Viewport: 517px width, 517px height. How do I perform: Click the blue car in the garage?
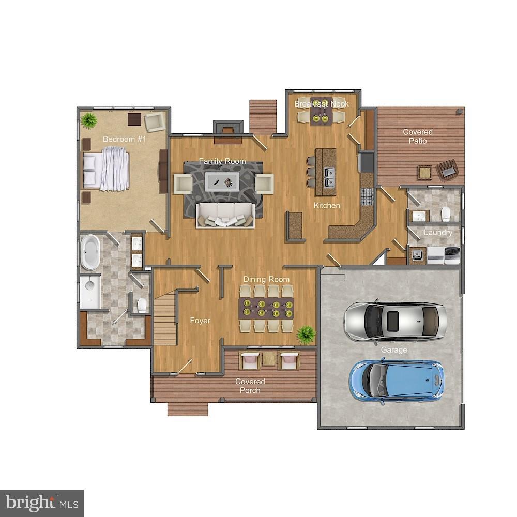click(x=397, y=381)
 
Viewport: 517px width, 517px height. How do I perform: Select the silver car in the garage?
click(x=396, y=321)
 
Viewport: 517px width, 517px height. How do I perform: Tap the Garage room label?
click(x=394, y=350)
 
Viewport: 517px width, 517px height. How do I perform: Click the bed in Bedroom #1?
click(x=106, y=168)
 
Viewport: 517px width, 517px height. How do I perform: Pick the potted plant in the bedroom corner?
click(x=89, y=120)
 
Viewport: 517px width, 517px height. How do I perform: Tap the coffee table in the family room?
click(x=222, y=181)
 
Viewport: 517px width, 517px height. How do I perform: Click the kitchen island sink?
click(x=329, y=177)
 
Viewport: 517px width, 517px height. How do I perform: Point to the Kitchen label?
click(x=327, y=206)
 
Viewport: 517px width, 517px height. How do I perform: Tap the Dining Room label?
click(x=266, y=280)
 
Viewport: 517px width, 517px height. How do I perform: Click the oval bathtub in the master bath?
click(x=90, y=252)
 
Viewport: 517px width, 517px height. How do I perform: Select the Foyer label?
click(x=200, y=321)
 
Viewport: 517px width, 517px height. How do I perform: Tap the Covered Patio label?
click(x=418, y=136)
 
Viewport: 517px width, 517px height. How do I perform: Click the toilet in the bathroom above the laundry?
click(x=446, y=214)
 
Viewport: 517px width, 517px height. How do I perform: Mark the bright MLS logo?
click(x=42, y=503)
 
